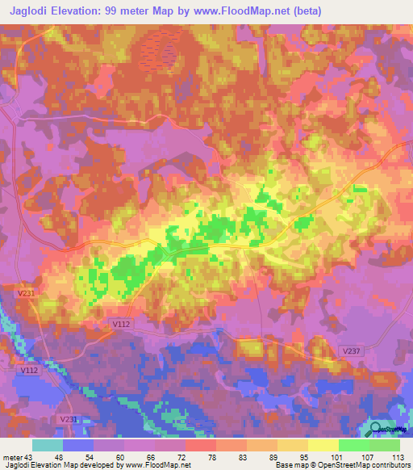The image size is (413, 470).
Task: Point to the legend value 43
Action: (33, 456)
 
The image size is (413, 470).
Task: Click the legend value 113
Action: (398, 456)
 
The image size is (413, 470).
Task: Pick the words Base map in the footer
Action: (288, 465)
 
